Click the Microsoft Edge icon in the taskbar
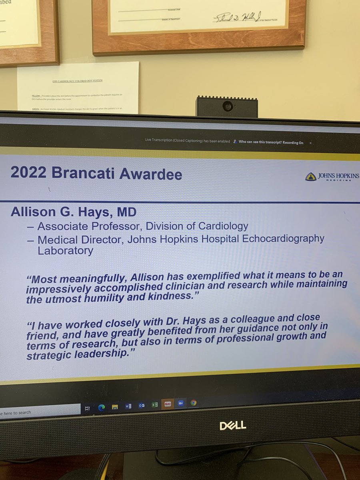click(x=102, y=407)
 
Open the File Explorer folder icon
click(x=115, y=407)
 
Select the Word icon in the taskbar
click(x=128, y=406)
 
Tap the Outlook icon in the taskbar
click(x=141, y=405)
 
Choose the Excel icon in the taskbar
click(x=154, y=404)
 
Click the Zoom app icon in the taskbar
click(x=180, y=403)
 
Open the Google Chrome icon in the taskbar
click(x=194, y=403)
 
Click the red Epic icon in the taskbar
click(x=167, y=404)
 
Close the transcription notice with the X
click(x=310, y=143)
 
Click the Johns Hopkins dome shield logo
click(x=310, y=177)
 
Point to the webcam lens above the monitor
click(x=227, y=106)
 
